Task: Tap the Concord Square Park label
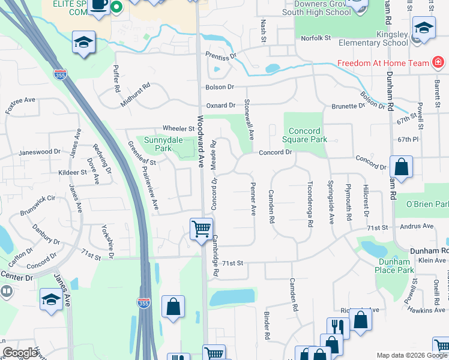(x=308, y=135)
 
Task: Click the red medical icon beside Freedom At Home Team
(x=438, y=63)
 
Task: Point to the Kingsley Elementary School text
(x=373, y=39)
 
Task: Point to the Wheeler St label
(x=179, y=128)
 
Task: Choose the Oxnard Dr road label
(x=221, y=106)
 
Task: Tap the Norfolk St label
(x=316, y=38)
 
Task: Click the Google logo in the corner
(x=20, y=353)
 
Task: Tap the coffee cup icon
(x=100, y=5)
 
